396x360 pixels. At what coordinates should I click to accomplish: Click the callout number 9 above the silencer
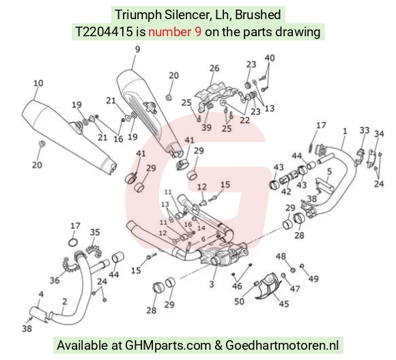[x=137, y=49]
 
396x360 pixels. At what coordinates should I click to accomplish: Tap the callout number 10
[x=38, y=83]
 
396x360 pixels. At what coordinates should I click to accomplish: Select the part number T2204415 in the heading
[x=104, y=32]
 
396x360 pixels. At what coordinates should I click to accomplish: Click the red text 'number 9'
[x=175, y=32]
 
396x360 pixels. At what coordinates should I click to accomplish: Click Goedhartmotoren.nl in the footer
[x=282, y=345]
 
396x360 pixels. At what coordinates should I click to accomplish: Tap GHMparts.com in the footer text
[x=168, y=345]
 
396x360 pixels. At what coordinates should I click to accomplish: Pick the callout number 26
[x=214, y=68]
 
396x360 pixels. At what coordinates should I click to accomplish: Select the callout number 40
[x=270, y=58]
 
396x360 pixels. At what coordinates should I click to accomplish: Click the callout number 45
[x=283, y=303]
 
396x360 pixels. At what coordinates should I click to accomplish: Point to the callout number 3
[x=212, y=284]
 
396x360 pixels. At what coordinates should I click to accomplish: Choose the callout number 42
[x=286, y=191]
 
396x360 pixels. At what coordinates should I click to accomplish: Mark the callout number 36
[x=55, y=280]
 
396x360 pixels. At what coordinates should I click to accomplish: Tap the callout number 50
[x=239, y=301]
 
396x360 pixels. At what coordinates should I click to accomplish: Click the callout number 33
[x=365, y=130]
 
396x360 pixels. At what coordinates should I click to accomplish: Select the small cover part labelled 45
[x=270, y=285]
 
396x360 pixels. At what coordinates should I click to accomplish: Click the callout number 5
[x=329, y=171]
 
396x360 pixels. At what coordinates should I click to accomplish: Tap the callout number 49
[x=313, y=279]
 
